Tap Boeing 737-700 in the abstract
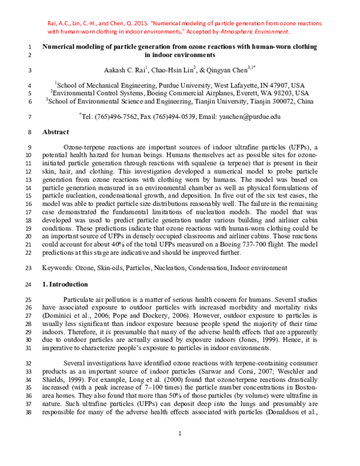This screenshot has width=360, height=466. click(x=251, y=245)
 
